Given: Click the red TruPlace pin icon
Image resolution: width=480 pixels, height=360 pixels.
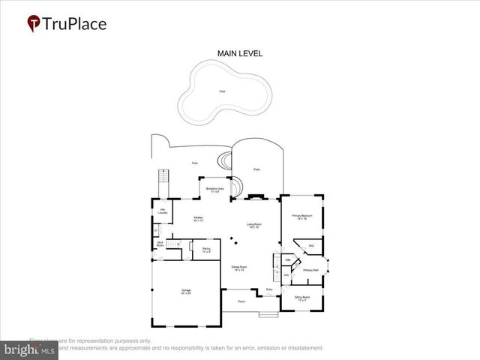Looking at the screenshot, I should pyautogui.click(x=34, y=23).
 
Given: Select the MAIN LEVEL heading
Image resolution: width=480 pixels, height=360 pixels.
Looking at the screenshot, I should pyautogui.click(x=239, y=53).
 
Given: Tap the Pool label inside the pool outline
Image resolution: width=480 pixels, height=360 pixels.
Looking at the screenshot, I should pyautogui.click(x=221, y=91).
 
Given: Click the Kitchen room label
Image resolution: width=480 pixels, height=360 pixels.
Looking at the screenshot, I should pyautogui.click(x=199, y=219).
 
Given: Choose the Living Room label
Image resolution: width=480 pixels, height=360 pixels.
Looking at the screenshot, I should pyautogui.click(x=254, y=225).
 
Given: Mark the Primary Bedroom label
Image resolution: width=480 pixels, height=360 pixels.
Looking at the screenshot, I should pyautogui.click(x=301, y=217).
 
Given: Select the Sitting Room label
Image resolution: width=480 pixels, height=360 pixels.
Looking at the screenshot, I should pyautogui.click(x=302, y=298).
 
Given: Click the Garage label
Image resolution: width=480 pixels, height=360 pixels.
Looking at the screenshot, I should pyautogui.click(x=186, y=292).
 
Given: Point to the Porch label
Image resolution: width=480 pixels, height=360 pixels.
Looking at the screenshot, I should pyautogui.click(x=241, y=301).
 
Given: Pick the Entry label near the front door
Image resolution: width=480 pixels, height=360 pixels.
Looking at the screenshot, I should pyautogui.click(x=269, y=289).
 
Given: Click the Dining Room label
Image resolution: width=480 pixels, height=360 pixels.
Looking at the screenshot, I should pyautogui.click(x=239, y=268).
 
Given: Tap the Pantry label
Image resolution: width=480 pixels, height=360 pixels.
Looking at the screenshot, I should pyautogui.click(x=206, y=250).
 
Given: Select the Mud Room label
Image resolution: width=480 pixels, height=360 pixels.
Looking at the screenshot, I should pyautogui.click(x=160, y=243).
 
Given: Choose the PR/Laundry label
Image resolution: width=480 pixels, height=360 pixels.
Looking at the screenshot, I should pyautogui.click(x=162, y=211).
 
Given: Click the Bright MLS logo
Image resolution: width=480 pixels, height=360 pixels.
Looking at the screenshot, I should pyautogui.click(x=29, y=349).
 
